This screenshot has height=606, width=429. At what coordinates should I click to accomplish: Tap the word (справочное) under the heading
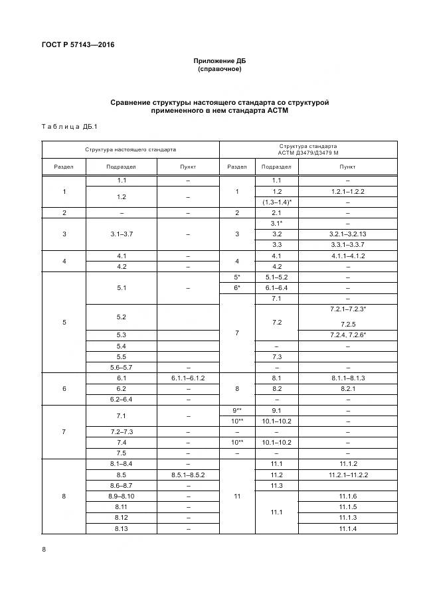(219, 69)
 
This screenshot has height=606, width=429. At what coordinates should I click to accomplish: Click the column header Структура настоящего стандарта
(130, 150)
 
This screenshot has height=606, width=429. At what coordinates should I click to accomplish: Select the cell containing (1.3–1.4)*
(277, 202)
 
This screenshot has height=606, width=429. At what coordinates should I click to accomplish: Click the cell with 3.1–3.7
(122, 234)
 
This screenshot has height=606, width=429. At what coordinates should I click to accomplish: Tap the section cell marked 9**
(236, 410)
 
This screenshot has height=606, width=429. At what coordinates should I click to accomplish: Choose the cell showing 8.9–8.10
(122, 496)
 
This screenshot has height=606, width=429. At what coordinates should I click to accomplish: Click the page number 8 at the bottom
(43, 550)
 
